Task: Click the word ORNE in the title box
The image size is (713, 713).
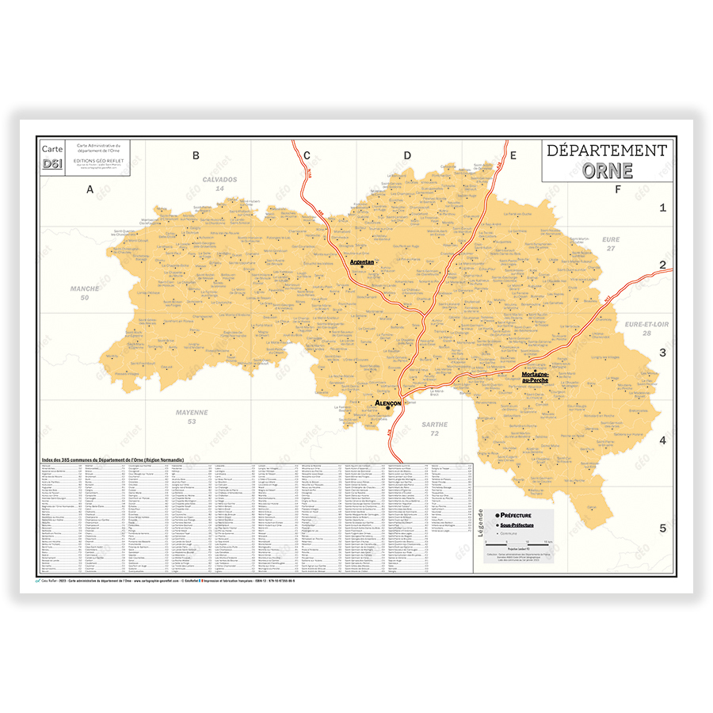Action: [x=608, y=170]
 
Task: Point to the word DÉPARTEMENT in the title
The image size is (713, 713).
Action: [x=608, y=151]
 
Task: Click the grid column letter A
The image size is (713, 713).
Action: [x=90, y=189]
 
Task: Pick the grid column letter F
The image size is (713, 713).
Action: [x=617, y=189]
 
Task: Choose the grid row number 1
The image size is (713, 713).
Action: [x=663, y=208]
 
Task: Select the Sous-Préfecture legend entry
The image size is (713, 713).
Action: [x=516, y=525]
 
